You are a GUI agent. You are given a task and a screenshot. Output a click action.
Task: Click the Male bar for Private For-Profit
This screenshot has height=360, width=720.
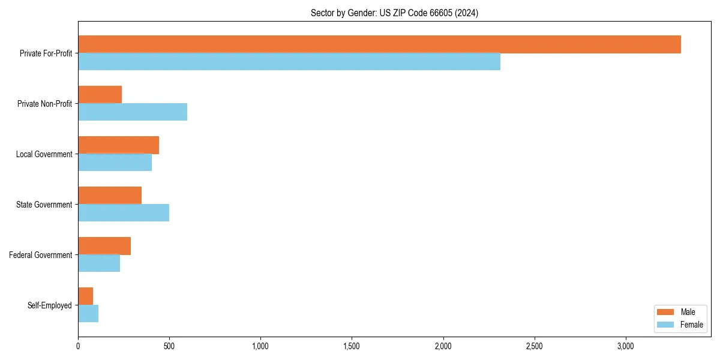point(379,44)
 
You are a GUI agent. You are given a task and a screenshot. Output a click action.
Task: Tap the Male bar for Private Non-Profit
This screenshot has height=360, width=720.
point(100,95)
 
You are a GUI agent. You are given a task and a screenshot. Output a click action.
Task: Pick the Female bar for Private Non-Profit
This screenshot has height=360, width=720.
point(133,112)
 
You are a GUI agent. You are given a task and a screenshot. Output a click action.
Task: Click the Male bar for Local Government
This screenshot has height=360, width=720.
point(118,145)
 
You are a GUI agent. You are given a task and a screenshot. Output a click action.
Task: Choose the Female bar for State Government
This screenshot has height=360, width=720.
point(124,213)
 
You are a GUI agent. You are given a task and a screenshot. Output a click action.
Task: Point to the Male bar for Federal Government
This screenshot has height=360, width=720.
point(104,246)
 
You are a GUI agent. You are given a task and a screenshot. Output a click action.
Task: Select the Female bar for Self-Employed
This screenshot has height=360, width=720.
point(88,314)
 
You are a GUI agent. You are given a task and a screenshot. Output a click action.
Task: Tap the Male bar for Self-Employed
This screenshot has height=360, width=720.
point(86,296)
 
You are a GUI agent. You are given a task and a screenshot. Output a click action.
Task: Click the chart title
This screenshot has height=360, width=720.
point(394,13)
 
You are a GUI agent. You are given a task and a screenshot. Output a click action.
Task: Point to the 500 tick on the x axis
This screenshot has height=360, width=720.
point(169,346)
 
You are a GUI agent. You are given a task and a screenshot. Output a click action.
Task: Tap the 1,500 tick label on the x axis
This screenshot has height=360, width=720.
point(352,346)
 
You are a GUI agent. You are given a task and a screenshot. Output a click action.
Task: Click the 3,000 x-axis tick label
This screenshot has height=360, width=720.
point(625,346)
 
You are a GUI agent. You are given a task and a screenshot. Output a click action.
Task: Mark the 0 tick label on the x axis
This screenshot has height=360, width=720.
point(78,346)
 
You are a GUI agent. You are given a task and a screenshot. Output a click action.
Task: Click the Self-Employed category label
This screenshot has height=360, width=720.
point(50,305)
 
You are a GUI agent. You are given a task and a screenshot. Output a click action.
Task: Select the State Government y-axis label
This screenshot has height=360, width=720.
point(44,205)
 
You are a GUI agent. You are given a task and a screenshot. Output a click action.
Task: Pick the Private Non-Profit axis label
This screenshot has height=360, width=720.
point(44,104)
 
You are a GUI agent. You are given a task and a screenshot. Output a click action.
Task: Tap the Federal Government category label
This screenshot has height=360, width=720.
point(41,255)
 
